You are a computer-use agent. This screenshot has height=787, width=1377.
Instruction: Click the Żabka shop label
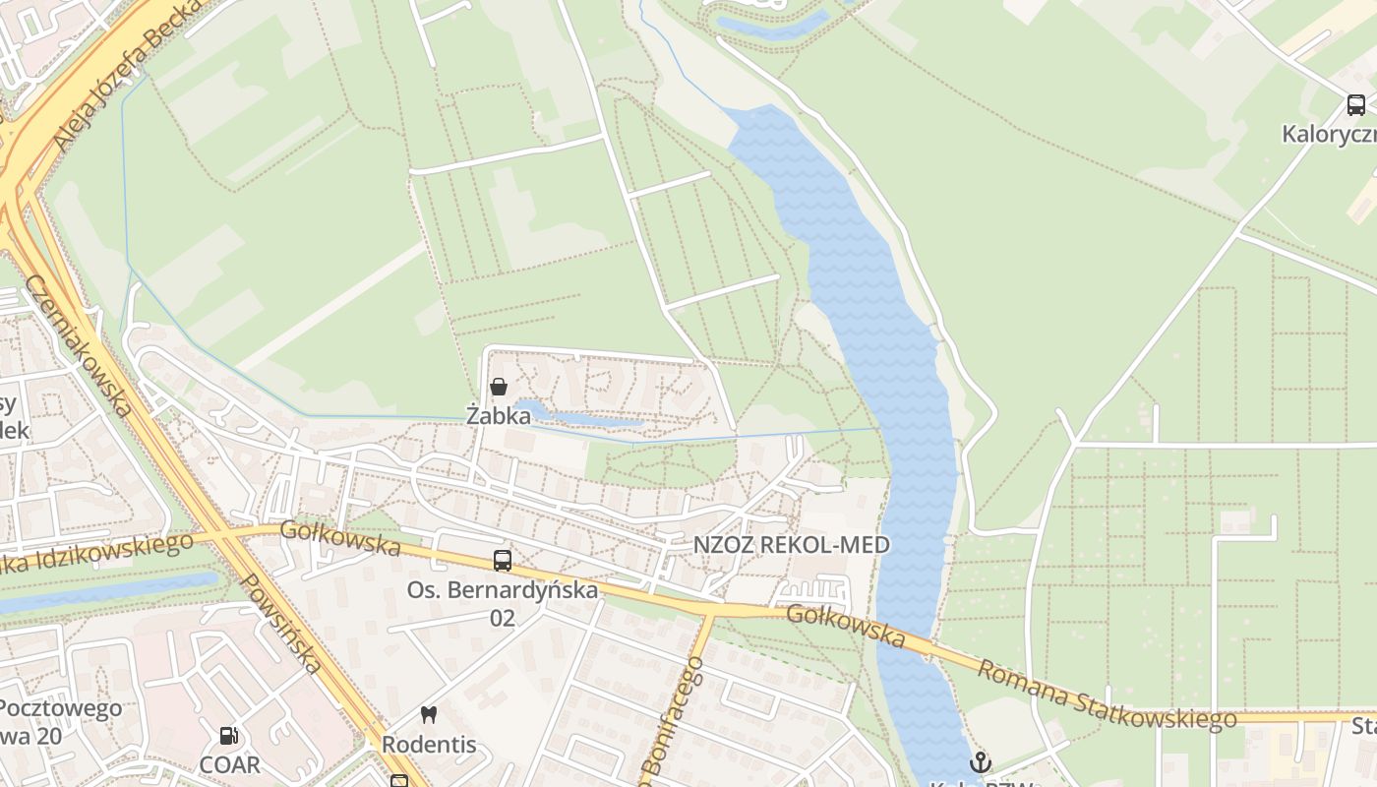coord(498,416)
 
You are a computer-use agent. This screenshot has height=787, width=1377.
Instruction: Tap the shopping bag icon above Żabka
coord(499,387)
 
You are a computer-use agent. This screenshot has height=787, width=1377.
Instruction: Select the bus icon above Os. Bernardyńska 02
coord(503,561)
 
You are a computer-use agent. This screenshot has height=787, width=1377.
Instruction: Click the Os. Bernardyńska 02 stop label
coord(503,603)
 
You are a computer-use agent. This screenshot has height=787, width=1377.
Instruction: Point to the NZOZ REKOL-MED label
coord(791,545)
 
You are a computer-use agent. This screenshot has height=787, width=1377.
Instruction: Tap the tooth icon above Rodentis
coord(428,715)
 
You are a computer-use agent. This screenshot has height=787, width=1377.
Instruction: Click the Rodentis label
coord(429,745)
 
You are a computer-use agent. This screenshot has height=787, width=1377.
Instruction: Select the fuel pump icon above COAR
coord(228,736)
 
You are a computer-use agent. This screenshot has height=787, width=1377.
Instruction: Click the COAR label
coord(229,764)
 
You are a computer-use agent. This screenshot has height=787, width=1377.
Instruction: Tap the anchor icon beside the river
coord(980,762)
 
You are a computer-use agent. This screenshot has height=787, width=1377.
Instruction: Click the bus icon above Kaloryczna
coord(1355,105)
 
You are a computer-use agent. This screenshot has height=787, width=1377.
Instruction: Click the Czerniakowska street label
coord(78,345)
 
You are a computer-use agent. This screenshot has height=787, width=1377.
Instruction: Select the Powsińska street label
coord(281,624)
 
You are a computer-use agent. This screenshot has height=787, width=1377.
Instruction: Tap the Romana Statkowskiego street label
coord(1107,696)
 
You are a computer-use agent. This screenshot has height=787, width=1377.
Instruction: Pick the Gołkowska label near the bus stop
coord(340,538)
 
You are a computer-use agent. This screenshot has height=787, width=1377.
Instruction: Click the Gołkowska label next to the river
coord(846,626)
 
